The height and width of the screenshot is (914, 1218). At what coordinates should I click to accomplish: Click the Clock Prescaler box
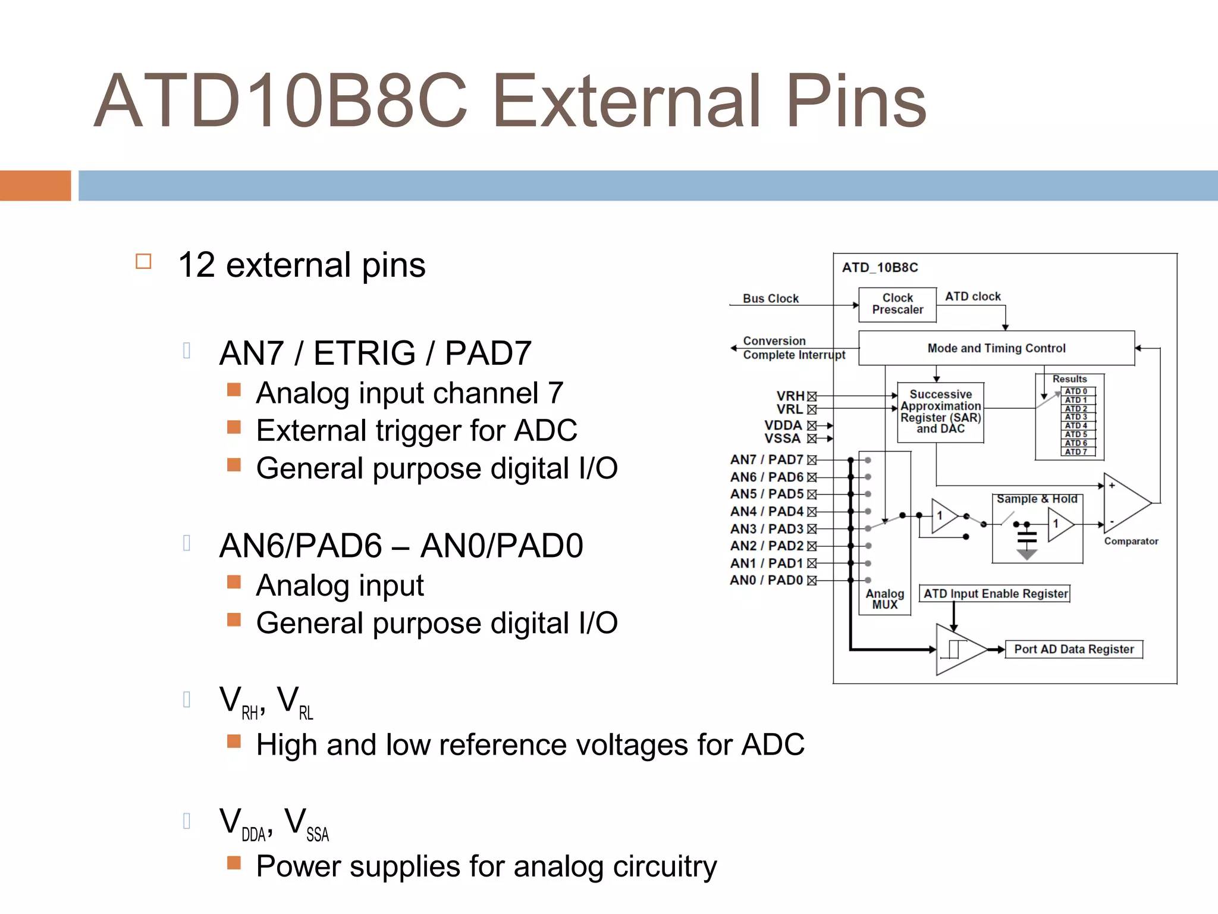point(897,304)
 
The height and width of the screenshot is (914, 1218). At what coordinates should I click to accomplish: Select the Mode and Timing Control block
point(996,348)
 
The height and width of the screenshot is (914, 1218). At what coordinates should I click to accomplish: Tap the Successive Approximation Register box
point(940,412)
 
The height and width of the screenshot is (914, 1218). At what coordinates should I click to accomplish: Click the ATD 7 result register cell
point(1077,452)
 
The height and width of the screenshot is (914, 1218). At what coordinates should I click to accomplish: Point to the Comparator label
point(1131,541)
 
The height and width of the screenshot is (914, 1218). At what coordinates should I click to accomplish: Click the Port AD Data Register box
point(1073,649)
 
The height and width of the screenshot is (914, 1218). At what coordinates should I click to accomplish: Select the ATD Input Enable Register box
point(995,594)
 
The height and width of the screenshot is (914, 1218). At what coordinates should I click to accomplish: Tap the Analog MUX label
point(884,599)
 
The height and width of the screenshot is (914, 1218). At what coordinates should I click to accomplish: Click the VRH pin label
point(790,396)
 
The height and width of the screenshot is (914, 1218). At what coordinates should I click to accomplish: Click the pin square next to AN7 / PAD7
point(812,460)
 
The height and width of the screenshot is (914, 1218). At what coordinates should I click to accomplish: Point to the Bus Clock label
point(770,299)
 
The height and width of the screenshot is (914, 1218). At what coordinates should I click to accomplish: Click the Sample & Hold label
point(1037,499)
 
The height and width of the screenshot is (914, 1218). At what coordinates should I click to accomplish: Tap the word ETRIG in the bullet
point(364,353)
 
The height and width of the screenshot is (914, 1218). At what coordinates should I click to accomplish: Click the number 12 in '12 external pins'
point(196,265)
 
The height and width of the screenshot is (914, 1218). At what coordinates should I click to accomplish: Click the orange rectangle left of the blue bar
point(35,186)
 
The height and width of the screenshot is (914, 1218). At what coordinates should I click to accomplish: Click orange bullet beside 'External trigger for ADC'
point(234,427)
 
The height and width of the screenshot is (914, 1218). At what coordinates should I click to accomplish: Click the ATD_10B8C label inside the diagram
point(880,268)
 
